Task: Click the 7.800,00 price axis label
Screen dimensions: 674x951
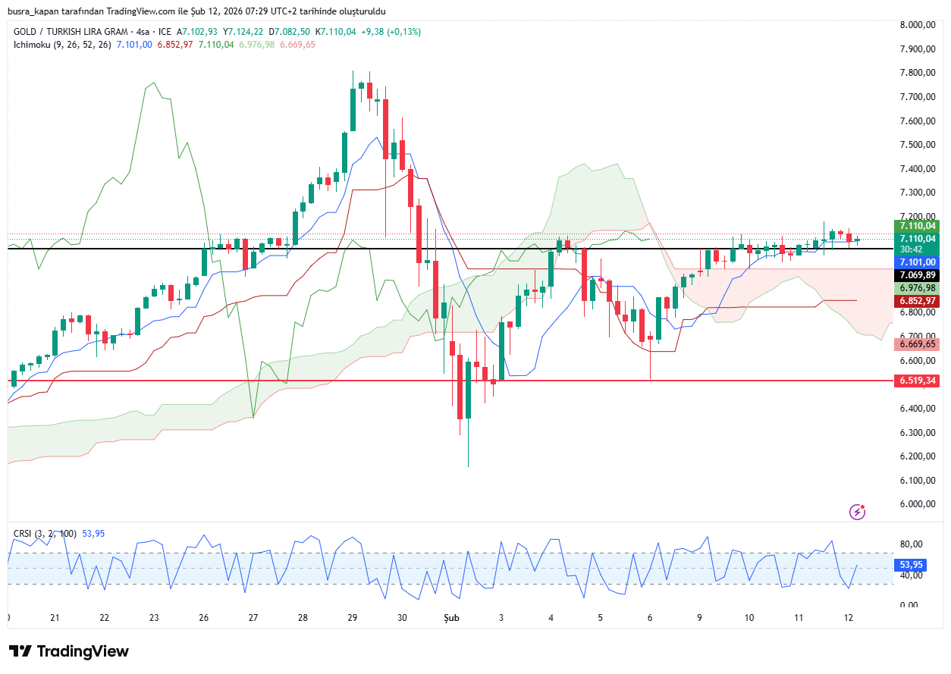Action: click(918, 74)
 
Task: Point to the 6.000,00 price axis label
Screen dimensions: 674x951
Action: click(918, 504)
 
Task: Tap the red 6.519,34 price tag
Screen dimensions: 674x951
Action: click(918, 381)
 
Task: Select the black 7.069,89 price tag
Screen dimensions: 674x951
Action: click(918, 275)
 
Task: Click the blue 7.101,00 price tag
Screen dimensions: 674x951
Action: click(918, 262)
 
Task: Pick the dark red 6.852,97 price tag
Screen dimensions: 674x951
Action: click(918, 301)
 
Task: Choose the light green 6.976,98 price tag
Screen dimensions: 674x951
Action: click(918, 288)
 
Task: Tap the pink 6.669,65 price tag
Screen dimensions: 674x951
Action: click(918, 344)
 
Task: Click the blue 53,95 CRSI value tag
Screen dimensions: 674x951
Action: click(911, 565)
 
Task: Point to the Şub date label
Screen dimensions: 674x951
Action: click(452, 618)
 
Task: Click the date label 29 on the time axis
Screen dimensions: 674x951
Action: click(353, 618)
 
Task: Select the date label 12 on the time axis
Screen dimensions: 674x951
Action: click(849, 618)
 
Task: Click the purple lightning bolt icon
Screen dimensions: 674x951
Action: click(858, 512)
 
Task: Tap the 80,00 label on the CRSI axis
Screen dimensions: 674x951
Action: click(911, 544)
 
